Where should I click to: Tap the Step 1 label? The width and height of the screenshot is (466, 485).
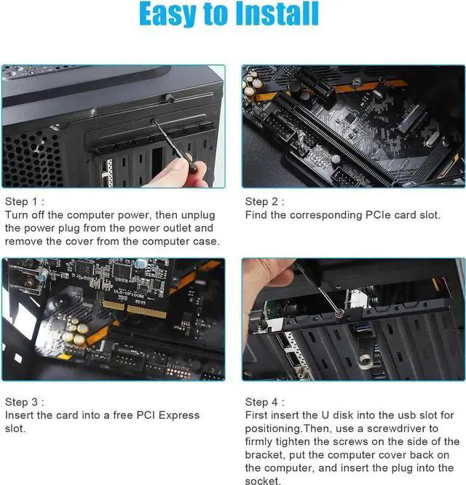[26, 201]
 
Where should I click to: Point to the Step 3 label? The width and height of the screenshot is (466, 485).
[26, 401]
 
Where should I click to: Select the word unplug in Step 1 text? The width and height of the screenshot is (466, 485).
[207, 215]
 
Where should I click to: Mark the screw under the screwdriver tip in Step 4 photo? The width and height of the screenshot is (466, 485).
[340, 315]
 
